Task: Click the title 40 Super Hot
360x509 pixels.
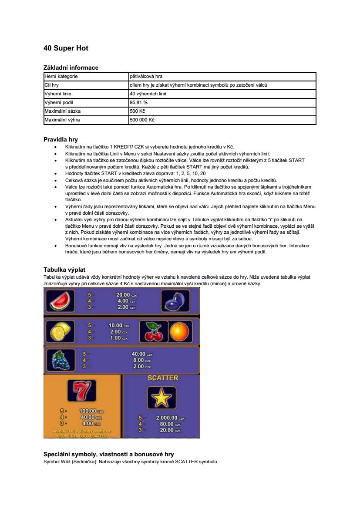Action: tap(66, 48)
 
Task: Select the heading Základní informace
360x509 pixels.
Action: tap(71, 67)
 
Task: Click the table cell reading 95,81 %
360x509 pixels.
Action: tap(139, 102)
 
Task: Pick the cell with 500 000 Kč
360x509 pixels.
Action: tap(142, 120)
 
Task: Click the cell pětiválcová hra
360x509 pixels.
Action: tap(146, 76)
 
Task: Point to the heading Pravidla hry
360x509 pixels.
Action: tap(61, 140)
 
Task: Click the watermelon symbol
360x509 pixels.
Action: tap(60, 301)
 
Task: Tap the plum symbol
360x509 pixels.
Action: tap(175, 301)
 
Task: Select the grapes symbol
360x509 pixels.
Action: tap(60, 361)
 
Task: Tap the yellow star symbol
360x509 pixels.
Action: tap(161, 398)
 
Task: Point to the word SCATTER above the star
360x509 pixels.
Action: tap(162, 378)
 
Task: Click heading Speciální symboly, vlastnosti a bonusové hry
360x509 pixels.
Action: tap(108, 454)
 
